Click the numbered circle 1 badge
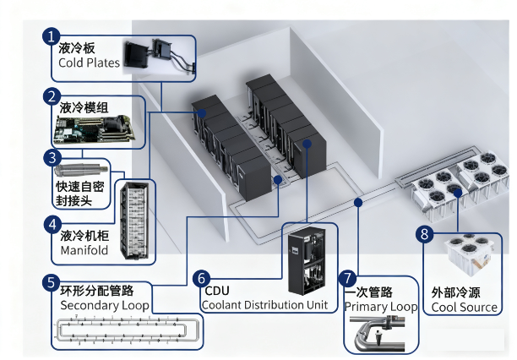tap(51, 36)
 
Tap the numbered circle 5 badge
tap(51, 283)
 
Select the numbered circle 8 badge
tap(424, 233)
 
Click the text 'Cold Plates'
tap(89, 63)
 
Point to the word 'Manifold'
tap(84, 250)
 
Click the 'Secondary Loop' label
tap(105, 306)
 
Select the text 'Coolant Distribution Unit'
tap(265, 305)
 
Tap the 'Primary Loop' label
tap(381, 307)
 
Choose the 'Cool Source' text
tap(465, 308)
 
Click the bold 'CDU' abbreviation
tap(217, 291)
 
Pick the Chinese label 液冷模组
tap(84, 108)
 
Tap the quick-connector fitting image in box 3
tap(81, 170)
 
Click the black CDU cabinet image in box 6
tap(307, 260)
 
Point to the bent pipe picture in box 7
tap(378, 333)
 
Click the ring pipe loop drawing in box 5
tap(127, 330)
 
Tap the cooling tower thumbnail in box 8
tap(470, 254)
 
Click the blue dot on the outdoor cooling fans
tap(457, 194)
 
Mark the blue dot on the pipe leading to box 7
tap(358, 202)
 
